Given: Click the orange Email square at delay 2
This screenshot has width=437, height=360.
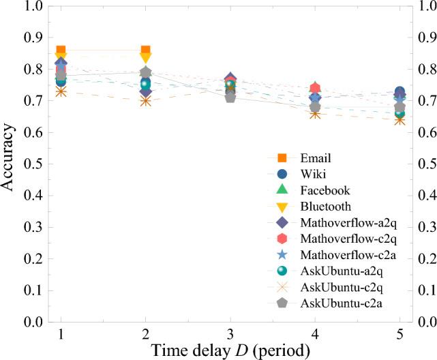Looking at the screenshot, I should click(145, 50).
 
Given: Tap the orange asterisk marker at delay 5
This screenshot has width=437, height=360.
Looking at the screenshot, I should click(400, 120).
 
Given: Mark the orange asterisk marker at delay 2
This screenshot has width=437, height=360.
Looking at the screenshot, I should click(145, 100).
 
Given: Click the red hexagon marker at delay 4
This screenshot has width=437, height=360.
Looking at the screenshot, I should click(315, 88).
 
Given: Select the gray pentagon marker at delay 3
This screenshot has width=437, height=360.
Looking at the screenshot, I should click(230, 97).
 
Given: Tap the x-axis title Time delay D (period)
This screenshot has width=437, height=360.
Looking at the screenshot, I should click(230, 350).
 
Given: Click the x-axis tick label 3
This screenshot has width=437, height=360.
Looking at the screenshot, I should click(230, 334).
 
